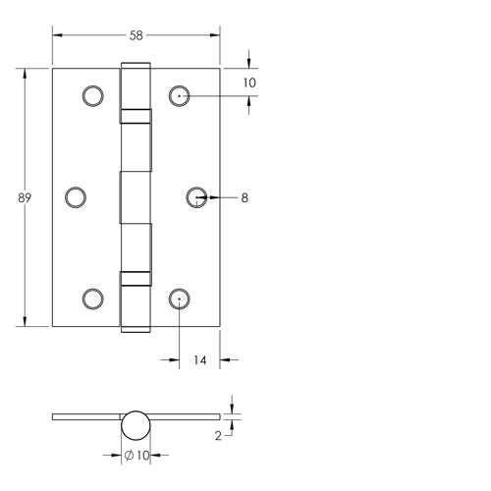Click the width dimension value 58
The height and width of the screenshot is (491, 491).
tap(136, 34)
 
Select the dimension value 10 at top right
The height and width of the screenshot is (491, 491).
tap(249, 82)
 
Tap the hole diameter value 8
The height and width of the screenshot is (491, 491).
tap(244, 198)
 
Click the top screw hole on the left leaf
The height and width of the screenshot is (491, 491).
tap(92, 95)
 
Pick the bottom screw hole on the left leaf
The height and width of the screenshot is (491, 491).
tap(92, 299)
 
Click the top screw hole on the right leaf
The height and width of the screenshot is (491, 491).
tap(179, 95)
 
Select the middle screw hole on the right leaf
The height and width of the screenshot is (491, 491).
tap(196, 197)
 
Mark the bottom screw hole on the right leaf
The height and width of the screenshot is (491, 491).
tap(179, 299)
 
